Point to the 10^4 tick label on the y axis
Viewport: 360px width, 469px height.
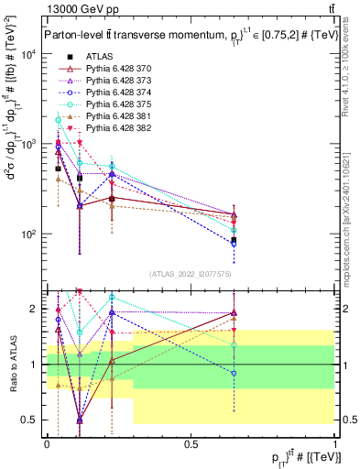coord(28,55)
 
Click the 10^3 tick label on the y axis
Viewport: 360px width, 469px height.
coord(28,145)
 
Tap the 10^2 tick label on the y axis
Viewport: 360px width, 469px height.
coord(28,234)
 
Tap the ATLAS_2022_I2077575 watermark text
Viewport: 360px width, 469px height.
coord(191,274)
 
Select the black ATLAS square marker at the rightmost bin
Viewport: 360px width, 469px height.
coord(234,240)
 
